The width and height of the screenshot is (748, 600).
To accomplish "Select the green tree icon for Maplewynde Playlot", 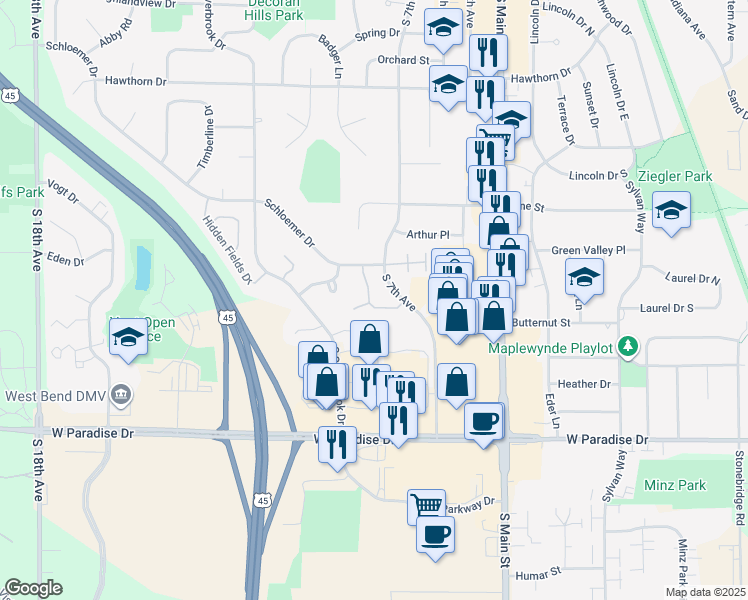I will [x=627, y=346].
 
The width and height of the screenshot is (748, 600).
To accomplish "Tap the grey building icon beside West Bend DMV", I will [x=122, y=393].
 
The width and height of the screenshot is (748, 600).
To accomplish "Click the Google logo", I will [x=33, y=588].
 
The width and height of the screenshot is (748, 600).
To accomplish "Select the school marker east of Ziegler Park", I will [x=670, y=211].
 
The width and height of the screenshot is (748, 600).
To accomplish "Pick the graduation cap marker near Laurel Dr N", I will [x=584, y=275].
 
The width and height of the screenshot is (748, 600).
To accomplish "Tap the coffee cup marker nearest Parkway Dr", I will [x=436, y=534].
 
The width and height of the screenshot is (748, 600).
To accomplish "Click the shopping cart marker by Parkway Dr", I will [x=426, y=506].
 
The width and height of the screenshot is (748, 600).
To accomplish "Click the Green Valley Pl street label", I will [x=588, y=250].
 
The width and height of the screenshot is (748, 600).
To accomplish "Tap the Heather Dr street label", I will [x=584, y=384].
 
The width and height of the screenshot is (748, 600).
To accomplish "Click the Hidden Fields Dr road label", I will [x=226, y=250].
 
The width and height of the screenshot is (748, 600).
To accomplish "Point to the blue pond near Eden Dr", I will [x=143, y=265].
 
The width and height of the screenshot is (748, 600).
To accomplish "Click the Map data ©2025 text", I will [x=705, y=592].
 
